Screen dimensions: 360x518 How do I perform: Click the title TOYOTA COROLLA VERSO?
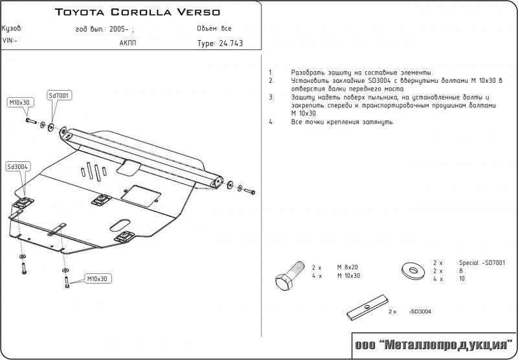coord(137,12)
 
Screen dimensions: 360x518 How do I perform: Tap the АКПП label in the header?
coord(128,43)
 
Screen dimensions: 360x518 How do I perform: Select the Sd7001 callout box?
coord(60,95)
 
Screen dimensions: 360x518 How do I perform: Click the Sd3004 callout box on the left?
coord(17,166)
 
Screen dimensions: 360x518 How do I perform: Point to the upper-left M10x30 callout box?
coord(19,102)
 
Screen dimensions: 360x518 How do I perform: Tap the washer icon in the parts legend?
coord(411,268)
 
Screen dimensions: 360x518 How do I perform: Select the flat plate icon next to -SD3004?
coord(366,309)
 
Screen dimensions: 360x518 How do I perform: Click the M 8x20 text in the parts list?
coord(347,267)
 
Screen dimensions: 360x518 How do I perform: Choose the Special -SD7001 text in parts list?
coord(482,262)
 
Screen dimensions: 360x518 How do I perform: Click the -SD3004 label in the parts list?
coord(420,311)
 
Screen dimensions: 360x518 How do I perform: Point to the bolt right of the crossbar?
coord(249,190)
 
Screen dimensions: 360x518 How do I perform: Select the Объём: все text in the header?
coord(214,29)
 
